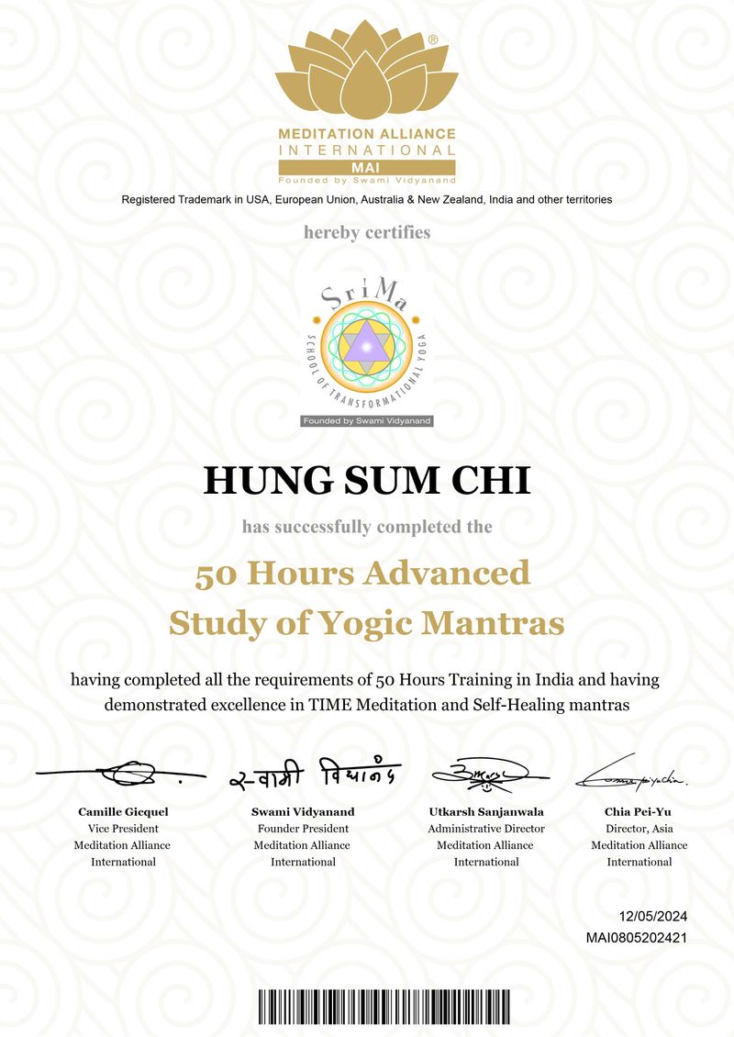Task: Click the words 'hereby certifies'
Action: click(x=367, y=232)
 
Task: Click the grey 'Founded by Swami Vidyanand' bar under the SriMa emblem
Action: click(x=367, y=420)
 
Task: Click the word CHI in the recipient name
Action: click(x=494, y=481)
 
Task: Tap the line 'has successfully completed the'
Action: click(x=367, y=527)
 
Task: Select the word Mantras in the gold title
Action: click(x=493, y=623)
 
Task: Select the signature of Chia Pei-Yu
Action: click(x=633, y=775)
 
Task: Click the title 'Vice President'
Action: click(x=122, y=829)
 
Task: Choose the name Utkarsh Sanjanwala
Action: click(x=486, y=812)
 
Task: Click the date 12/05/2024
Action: click(x=653, y=917)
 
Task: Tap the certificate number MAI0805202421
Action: click(x=637, y=937)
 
